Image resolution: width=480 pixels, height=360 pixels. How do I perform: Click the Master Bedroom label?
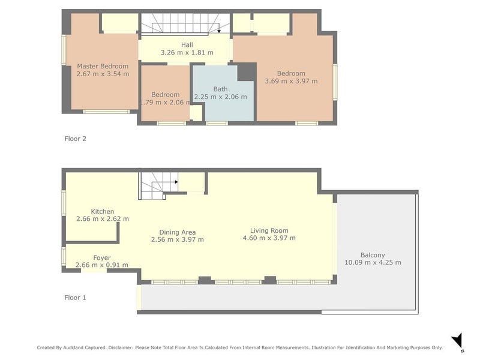(103, 66)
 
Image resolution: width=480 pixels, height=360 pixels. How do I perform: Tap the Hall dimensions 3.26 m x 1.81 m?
(187, 52)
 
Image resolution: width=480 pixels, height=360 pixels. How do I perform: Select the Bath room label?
(220, 89)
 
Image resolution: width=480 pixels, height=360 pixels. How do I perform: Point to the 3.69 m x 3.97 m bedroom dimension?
(291, 81)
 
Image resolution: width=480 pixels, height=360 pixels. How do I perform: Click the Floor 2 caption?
(76, 139)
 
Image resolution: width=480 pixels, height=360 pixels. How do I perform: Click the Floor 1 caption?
(76, 298)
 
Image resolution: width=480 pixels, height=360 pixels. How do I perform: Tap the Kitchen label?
(103, 212)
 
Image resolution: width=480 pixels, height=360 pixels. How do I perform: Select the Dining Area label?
(178, 232)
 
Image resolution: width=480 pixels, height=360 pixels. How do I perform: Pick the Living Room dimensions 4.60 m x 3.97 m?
(269, 238)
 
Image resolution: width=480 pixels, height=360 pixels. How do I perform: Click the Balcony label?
(373, 255)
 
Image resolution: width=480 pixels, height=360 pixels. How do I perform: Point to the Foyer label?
(102, 258)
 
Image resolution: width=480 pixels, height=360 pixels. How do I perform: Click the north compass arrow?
(458, 340)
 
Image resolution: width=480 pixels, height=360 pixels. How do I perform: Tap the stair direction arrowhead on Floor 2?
(219, 31)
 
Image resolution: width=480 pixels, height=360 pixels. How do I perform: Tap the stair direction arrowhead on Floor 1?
(176, 182)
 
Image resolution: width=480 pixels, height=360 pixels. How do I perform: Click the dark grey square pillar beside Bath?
(247, 72)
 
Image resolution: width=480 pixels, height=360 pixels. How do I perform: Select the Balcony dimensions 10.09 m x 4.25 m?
(373, 262)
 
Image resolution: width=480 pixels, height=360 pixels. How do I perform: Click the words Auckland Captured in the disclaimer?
(85, 347)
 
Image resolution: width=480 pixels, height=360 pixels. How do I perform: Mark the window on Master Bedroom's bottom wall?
(106, 112)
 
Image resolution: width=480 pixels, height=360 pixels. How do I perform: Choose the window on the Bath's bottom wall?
(217, 124)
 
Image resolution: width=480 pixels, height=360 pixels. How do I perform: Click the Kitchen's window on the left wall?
(64, 203)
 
